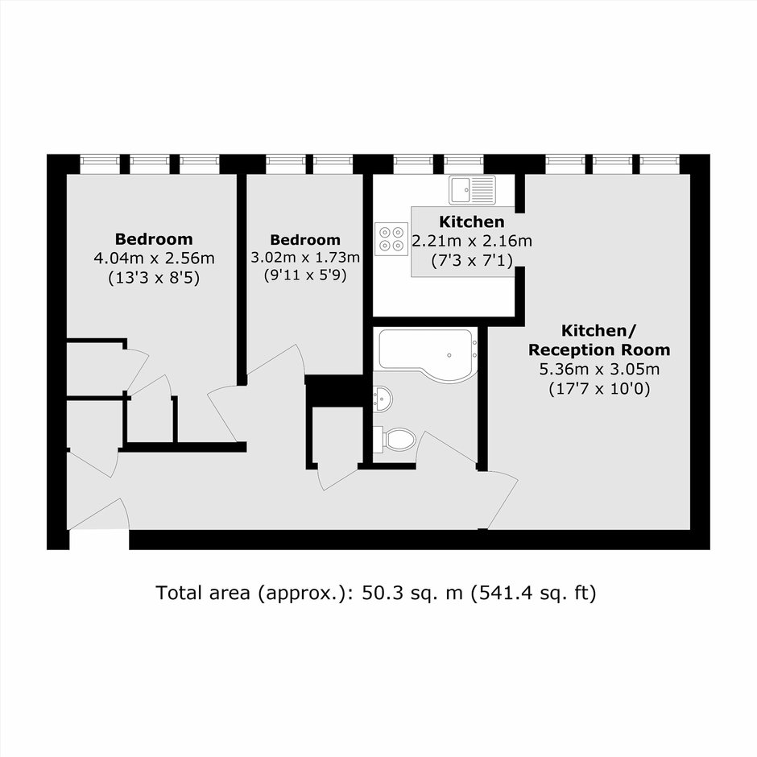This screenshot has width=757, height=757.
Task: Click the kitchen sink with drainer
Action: (x=472, y=190)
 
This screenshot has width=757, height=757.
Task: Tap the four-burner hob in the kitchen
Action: (x=391, y=239)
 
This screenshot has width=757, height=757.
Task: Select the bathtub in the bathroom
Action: (x=428, y=355)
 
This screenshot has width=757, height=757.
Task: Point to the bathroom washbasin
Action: (x=383, y=399)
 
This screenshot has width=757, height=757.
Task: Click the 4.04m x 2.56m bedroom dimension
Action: (x=154, y=259)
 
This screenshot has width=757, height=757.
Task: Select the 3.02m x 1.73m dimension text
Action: (x=305, y=258)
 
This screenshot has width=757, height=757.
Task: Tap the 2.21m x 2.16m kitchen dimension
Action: (x=472, y=241)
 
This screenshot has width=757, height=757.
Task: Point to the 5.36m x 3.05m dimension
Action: (x=599, y=370)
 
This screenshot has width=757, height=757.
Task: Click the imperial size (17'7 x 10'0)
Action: (x=599, y=389)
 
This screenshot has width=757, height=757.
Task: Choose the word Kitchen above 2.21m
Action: (x=472, y=221)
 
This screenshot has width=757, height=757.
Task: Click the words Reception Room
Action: (x=599, y=350)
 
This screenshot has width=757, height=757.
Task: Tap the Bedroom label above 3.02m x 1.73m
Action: (x=305, y=239)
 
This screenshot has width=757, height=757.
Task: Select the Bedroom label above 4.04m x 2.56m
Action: (x=154, y=239)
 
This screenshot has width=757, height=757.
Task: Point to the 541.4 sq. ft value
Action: (x=533, y=593)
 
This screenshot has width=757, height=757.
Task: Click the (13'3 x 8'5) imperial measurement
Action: (x=154, y=278)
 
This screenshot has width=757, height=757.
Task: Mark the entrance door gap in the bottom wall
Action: (x=99, y=540)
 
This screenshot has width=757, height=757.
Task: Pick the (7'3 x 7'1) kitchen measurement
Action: (x=472, y=261)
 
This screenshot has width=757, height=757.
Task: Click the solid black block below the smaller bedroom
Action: (x=334, y=391)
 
